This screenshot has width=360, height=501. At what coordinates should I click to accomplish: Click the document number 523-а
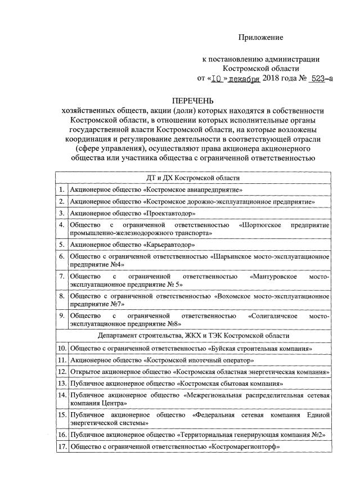[321, 79]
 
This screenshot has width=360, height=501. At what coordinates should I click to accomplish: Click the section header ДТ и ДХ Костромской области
[193, 178]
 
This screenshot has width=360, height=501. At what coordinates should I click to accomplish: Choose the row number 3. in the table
[62, 214]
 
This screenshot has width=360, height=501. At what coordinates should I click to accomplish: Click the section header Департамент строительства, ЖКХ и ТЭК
[193, 336]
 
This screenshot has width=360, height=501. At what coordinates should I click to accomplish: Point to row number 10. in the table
[62, 348]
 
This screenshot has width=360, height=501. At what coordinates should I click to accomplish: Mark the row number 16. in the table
[62, 435]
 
